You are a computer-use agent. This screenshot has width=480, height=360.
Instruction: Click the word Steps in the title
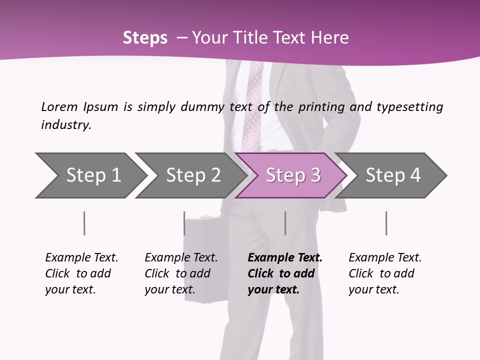click(x=145, y=38)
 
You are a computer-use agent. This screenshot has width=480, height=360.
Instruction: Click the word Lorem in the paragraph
click(x=59, y=106)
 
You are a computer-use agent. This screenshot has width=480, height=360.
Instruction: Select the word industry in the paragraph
click(x=65, y=125)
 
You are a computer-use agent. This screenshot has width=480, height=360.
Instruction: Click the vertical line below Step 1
click(x=84, y=223)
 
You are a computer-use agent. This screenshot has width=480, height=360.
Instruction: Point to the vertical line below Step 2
click(x=184, y=223)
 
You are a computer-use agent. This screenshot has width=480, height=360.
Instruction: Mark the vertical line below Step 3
click(x=285, y=223)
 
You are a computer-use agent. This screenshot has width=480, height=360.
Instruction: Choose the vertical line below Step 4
click(x=386, y=223)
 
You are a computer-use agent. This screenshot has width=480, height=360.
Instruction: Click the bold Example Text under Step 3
click(x=285, y=258)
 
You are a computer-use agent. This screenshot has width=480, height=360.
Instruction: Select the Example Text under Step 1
click(x=81, y=258)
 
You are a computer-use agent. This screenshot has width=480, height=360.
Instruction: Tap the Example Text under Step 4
click(x=385, y=258)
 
